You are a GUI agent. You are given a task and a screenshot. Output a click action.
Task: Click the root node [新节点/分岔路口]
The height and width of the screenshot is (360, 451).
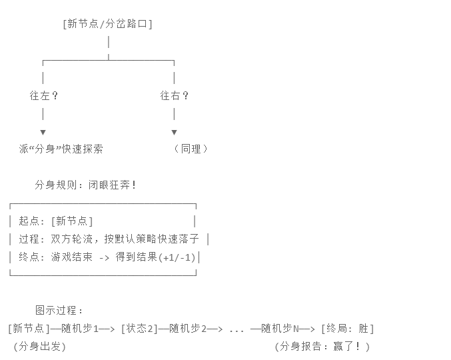click(x=108, y=24)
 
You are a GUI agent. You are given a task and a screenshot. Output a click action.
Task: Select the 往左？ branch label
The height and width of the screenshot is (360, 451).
click(x=44, y=95)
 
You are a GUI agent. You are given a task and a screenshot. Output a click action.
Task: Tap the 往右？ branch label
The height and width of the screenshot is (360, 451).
click(x=175, y=95)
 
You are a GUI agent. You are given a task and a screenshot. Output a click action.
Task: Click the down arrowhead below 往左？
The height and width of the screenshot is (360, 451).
click(x=43, y=132)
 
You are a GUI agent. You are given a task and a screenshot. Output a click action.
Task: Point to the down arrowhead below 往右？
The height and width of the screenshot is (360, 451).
click(x=175, y=132)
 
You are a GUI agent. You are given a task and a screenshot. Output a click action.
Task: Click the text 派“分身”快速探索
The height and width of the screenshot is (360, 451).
click(x=61, y=149)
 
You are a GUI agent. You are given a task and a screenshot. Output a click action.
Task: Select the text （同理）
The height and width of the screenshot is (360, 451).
click(x=191, y=149)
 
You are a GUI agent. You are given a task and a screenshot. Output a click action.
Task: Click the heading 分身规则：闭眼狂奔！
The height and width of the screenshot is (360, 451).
click(x=86, y=185)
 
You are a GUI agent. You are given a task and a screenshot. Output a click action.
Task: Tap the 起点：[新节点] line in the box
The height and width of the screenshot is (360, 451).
click(x=56, y=221)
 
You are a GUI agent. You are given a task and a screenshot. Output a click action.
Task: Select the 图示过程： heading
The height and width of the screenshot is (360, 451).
click(x=60, y=310)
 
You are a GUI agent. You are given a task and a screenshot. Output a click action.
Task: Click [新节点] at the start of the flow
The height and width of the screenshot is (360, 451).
click(x=29, y=328)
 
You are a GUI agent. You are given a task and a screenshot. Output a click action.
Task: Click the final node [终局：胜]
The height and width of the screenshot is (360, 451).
click(x=347, y=328)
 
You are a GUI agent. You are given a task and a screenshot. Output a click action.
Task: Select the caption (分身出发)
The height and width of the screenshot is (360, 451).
click(x=39, y=346)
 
